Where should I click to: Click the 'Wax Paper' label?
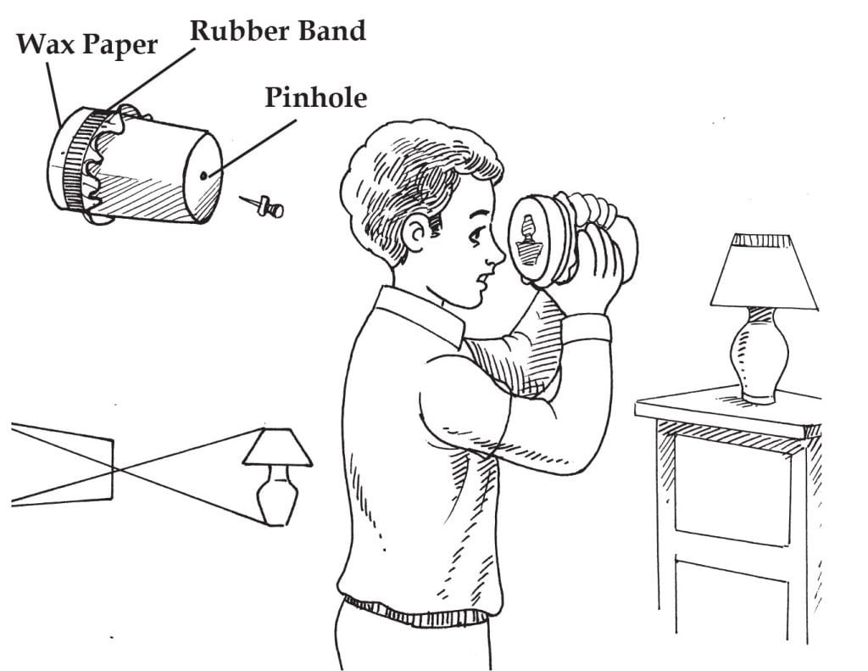[x=86, y=45]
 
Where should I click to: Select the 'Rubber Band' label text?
[x=277, y=31]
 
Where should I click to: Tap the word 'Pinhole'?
[x=315, y=98]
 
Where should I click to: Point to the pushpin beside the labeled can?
[x=265, y=206]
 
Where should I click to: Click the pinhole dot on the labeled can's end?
[x=205, y=176]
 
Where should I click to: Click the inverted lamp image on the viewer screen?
[x=527, y=241]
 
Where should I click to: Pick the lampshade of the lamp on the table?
[x=763, y=271]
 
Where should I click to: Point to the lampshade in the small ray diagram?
[x=277, y=447]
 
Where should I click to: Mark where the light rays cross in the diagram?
[x=116, y=467]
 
